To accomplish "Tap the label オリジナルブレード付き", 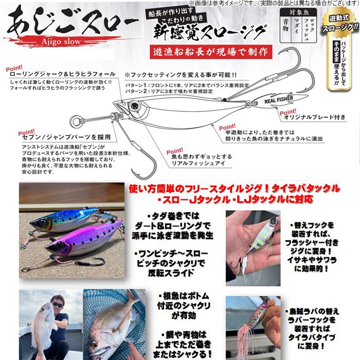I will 315,117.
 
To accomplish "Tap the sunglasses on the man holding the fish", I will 58,305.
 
